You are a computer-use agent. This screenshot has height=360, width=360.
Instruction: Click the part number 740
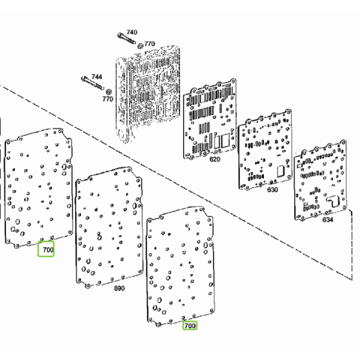coord(132,32)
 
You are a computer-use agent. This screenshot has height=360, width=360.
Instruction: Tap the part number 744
coord(97,77)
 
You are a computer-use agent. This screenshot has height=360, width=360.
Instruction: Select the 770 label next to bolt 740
coord(149,43)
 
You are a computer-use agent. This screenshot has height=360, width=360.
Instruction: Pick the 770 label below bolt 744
coord(107,99)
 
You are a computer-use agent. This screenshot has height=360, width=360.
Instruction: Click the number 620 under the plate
coord(215,159)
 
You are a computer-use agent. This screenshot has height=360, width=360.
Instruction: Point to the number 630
coord(272,190)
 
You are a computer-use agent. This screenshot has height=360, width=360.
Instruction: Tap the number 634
coord(328,220)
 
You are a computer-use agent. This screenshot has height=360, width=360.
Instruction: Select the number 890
coord(119,288)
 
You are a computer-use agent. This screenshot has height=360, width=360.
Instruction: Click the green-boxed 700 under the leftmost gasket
coord(48,250)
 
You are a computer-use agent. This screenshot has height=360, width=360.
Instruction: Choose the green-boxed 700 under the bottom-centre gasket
coord(190,326)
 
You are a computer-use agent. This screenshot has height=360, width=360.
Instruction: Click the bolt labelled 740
coord(127,39)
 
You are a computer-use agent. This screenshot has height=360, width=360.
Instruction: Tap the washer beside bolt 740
coord(140,46)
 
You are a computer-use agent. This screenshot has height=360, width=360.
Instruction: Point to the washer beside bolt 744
coord(109,92)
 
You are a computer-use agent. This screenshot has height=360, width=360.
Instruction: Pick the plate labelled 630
coord(265,149)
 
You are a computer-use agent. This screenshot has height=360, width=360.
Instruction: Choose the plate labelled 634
coord(320,180)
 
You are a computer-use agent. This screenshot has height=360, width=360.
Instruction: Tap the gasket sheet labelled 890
coord(109,227)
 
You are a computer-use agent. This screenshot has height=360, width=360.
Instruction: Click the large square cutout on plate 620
coord(225,140)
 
